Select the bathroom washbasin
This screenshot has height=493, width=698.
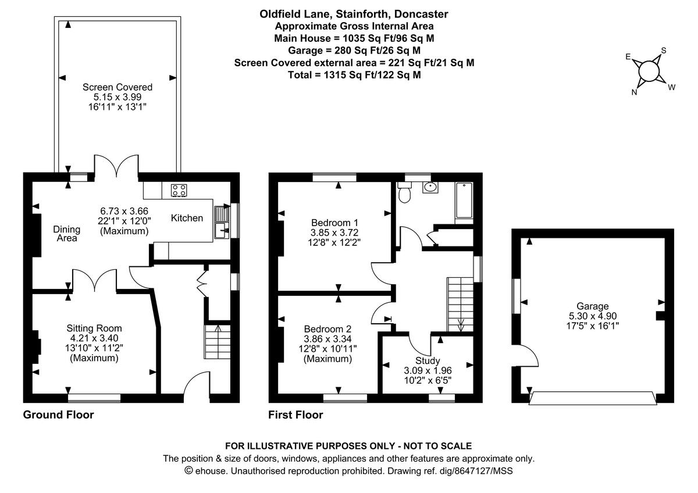tap(430, 188)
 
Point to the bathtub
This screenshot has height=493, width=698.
tap(464, 202)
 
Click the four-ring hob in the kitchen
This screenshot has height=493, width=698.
tap(178, 190)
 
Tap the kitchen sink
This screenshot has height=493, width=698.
tap(222, 223)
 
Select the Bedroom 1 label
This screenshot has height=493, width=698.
tap(334, 222)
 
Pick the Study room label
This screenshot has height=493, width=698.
tap(428, 360)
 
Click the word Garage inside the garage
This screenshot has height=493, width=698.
tap(592, 306)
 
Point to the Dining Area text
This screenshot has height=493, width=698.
tap(66, 233)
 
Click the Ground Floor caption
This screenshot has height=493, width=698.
tap(58, 415)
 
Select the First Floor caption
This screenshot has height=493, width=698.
tap(295, 415)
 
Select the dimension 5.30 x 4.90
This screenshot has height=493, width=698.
tap(593, 316)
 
